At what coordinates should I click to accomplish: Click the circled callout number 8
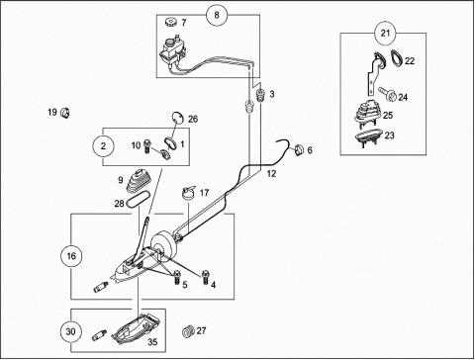[217, 15]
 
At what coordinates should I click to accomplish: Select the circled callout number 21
[385, 33]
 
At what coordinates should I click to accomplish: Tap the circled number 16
[71, 255]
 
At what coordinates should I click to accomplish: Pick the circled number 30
[71, 331]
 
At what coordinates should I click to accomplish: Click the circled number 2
[103, 145]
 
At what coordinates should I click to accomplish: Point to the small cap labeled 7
[171, 23]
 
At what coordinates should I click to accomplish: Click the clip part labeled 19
[65, 113]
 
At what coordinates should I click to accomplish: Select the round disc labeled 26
[178, 117]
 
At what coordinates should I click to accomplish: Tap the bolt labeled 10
[146, 146]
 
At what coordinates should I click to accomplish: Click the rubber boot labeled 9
[139, 181]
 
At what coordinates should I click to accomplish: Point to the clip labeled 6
[299, 150]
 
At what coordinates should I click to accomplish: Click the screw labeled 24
[387, 94]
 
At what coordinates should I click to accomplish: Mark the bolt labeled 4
[206, 277]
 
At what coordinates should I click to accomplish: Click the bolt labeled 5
[177, 277]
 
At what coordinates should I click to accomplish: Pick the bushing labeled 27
[188, 331]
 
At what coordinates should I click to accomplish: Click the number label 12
[271, 173]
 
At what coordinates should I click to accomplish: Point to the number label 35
[152, 342]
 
